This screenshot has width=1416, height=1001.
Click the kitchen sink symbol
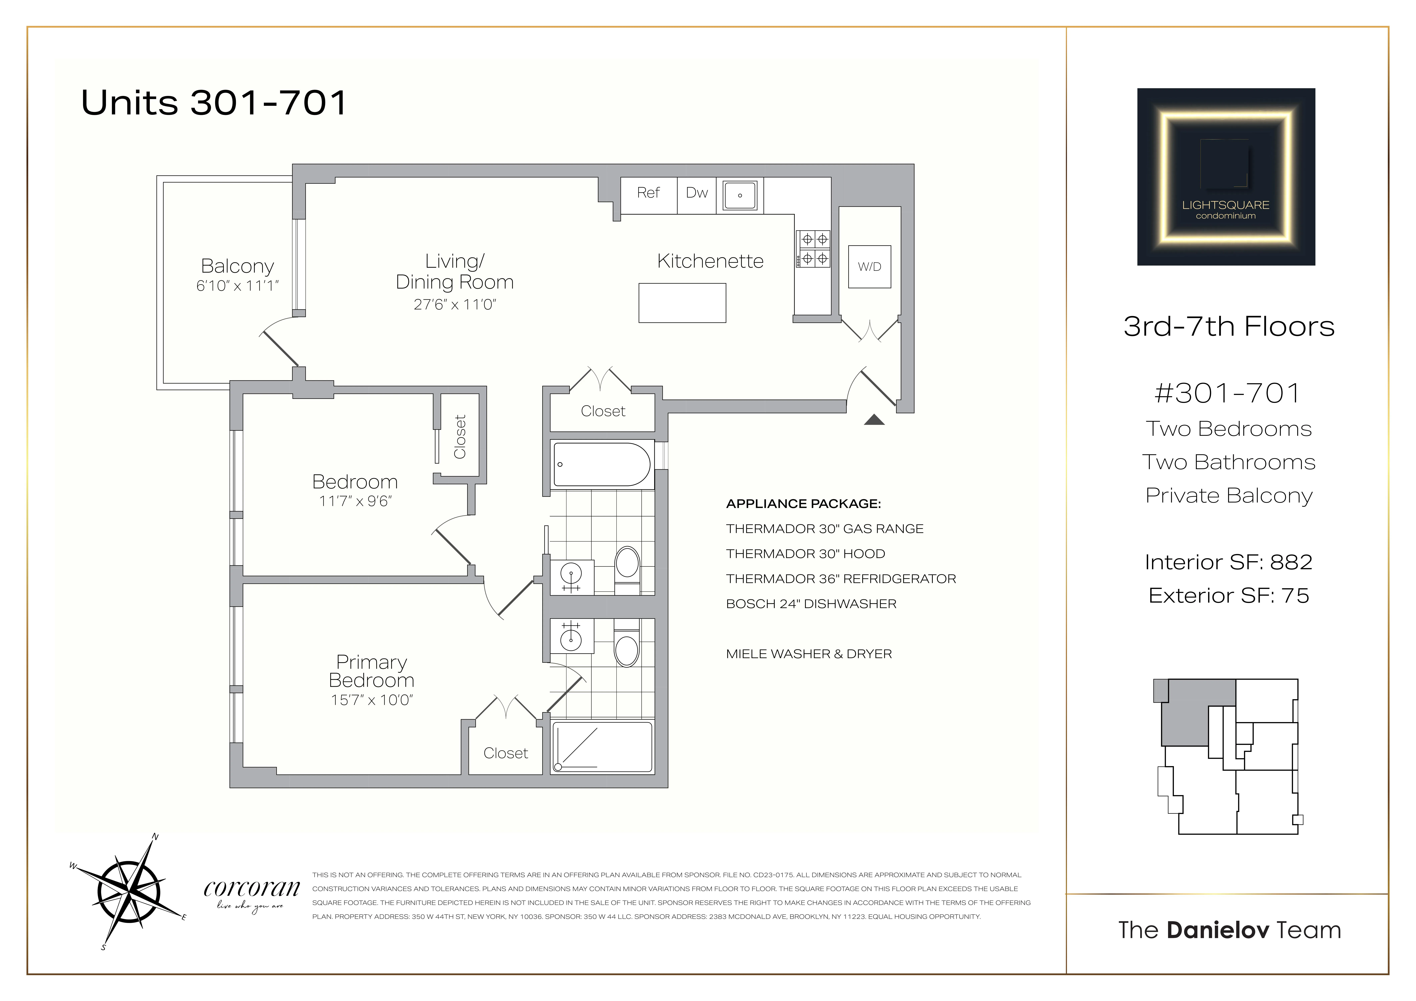pos(739,196)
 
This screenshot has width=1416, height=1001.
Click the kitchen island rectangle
pos(682,303)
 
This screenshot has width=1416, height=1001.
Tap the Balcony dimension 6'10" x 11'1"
pos(237,286)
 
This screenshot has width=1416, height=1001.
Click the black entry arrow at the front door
pos(874,420)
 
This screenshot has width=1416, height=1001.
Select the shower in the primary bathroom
pos(602,747)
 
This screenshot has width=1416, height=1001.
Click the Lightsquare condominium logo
pos(1225,177)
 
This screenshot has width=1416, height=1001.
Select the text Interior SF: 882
pos(1228,562)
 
